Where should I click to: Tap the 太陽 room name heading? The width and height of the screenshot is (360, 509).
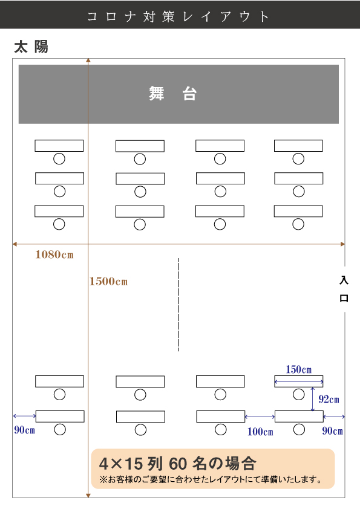31,47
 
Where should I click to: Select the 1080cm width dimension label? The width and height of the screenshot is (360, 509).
54,254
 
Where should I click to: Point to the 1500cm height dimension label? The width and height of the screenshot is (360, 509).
108,281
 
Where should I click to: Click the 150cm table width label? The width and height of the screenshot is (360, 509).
299,369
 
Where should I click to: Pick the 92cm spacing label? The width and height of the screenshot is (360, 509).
329,399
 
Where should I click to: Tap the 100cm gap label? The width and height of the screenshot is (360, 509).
260,432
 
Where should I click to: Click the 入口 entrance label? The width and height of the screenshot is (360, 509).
344,289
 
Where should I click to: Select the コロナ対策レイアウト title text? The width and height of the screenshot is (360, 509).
178,16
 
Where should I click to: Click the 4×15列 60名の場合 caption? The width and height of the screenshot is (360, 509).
178,463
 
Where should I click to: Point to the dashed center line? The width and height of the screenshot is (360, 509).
178,305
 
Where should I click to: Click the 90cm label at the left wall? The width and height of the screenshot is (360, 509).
24,430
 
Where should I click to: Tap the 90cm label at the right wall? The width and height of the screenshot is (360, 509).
332,431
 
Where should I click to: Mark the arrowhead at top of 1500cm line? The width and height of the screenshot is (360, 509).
88,60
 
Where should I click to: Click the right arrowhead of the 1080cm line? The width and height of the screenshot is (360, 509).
343,244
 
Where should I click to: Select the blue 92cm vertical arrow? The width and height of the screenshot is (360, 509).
313,399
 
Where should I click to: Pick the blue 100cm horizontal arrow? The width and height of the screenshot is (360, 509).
260,417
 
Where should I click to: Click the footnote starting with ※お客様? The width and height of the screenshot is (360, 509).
211,479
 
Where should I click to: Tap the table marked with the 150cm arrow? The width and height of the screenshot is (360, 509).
299,381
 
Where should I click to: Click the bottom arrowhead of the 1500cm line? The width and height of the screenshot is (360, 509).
88,495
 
